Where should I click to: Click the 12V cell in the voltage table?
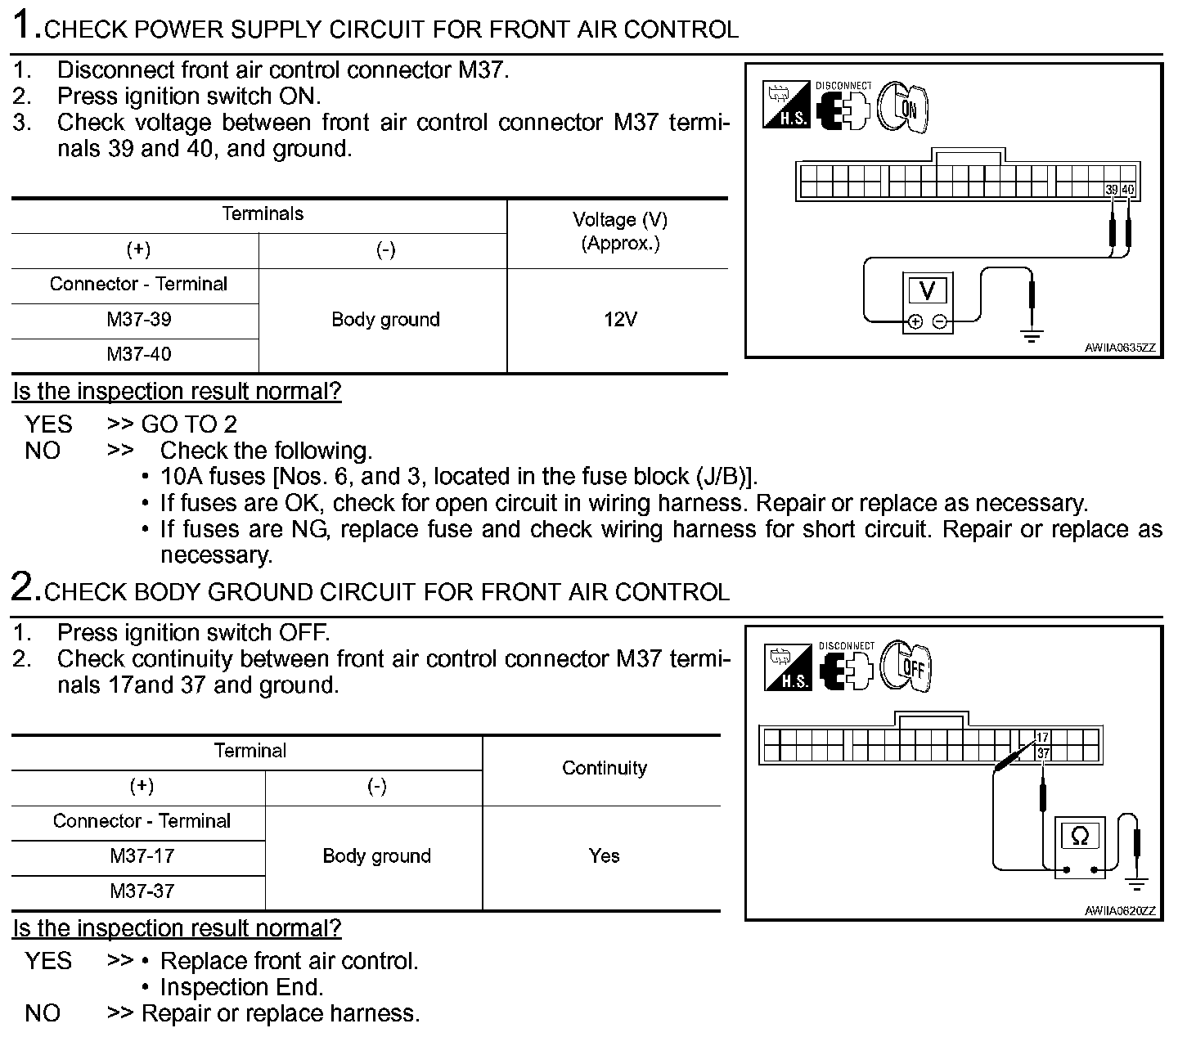click(x=619, y=320)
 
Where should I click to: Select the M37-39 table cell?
click(x=139, y=320)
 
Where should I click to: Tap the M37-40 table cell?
click(x=139, y=355)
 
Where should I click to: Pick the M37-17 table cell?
click(x=142, y=856)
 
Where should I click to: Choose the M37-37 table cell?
click(x=142, y=891)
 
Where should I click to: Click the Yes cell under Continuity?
click(x=604, y=856)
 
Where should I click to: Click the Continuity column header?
click(x=604, y=768)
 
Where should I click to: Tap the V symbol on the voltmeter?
click(x=927, y=290)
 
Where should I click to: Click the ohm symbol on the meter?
click(x=1080, y=836)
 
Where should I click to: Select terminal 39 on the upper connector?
click(x=1112, y=190)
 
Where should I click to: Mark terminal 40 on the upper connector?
click(x=1128, y=190)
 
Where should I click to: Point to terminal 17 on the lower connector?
click(x=1043, y=738)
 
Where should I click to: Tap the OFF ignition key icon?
click(x=907, y=667)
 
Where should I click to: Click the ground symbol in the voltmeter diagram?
click(x=1032, y=335)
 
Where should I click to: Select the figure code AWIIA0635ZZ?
click(x=1120, y=348)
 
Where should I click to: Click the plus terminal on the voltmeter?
click(x=915, y=322)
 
